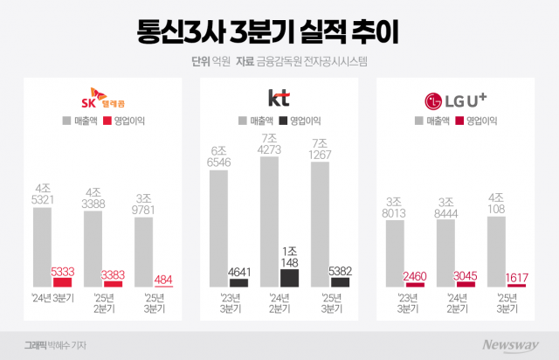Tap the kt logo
279,96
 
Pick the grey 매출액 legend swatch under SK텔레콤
66,119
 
